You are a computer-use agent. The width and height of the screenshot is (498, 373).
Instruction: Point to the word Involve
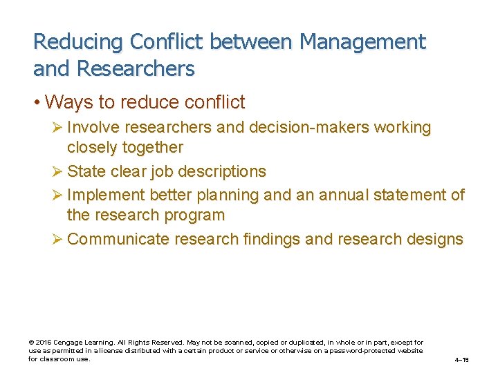click(92, 128)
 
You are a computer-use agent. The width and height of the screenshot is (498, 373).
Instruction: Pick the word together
click(150, 147)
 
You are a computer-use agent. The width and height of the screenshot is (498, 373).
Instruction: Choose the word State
click(86, 171)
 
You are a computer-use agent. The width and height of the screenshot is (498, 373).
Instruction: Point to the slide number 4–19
click(461, 360)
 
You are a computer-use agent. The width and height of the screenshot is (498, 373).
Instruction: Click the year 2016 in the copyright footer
click(44, 343)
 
